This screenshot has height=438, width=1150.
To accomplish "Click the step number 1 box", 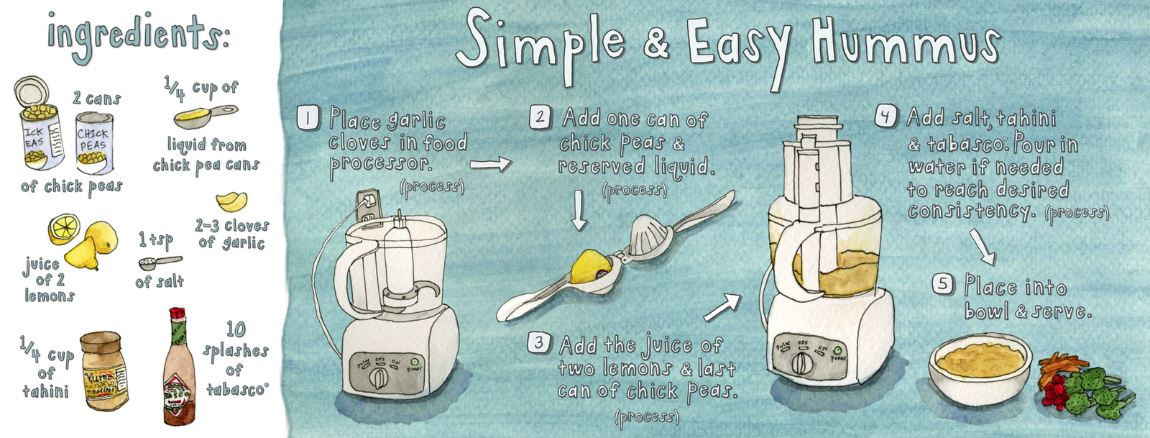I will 308,117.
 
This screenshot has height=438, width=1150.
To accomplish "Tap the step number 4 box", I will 886,116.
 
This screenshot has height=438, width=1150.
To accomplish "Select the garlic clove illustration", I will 232,199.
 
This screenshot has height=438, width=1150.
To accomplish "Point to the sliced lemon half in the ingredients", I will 63,229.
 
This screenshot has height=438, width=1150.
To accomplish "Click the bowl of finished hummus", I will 980,366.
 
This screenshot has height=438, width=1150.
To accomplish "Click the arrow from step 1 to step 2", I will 491,165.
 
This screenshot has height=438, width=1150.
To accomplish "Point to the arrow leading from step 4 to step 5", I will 982,247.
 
